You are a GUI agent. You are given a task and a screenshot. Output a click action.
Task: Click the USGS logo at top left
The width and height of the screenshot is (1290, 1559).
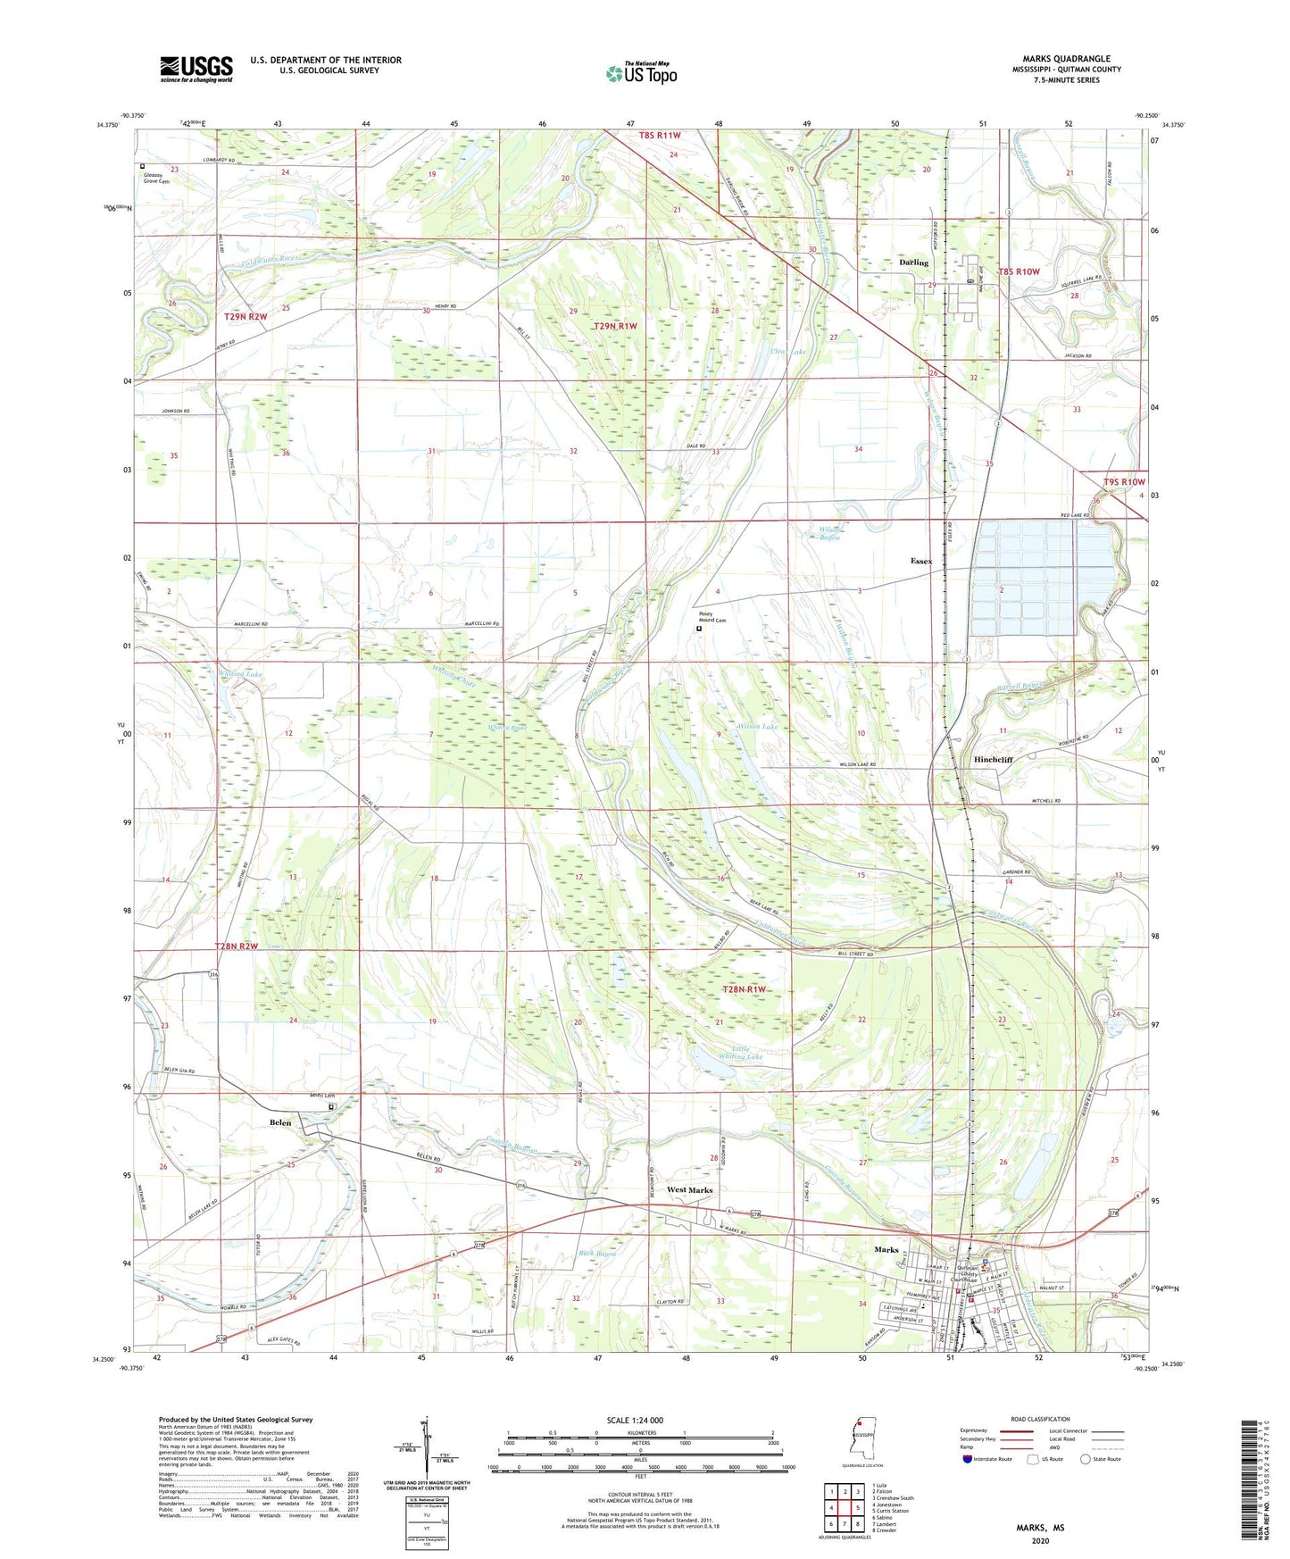[196, 69]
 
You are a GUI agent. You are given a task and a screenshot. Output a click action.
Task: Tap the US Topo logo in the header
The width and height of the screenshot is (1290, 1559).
[641, 73]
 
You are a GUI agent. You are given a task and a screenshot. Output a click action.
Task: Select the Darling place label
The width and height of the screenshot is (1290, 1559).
[913, 263]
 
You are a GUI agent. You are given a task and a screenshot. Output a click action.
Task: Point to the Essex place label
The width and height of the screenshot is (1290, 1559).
[920, 561]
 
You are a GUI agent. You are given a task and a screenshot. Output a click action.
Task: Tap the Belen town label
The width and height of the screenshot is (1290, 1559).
[280, 1122]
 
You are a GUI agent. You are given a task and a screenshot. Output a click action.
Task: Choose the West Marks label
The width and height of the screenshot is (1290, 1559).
[689, 1190]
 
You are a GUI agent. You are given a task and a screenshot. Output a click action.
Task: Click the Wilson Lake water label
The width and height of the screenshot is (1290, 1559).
[757, 727]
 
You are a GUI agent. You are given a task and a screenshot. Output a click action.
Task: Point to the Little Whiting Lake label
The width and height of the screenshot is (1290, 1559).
[746, 1053]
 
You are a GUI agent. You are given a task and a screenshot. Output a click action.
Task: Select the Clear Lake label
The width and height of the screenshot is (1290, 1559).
[787, 352]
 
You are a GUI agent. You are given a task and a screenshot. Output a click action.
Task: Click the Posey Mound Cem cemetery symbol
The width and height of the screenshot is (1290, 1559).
[699, 628]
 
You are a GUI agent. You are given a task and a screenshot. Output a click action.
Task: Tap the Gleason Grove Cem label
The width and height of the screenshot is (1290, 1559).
[156, 178]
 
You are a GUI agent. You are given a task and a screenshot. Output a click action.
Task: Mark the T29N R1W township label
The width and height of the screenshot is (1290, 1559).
[615, 326]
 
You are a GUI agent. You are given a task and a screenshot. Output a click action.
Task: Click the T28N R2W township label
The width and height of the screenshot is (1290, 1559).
[236, 946]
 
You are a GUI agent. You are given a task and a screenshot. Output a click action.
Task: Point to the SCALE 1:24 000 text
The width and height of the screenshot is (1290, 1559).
[634, 1420]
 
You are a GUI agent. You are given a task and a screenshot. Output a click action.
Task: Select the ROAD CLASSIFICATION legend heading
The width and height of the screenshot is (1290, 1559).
[1040, 1419]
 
